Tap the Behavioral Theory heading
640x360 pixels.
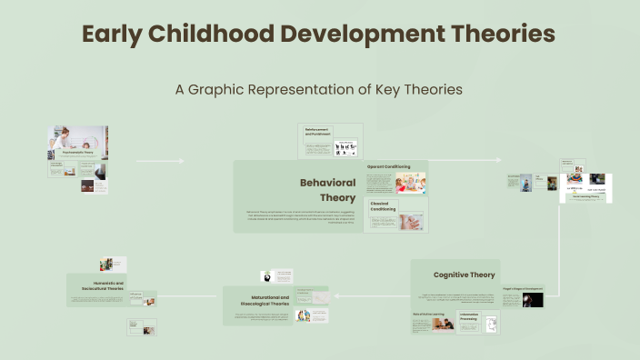click(327, 190)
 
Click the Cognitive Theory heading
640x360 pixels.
click(464, 275)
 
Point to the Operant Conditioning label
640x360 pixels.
click(388, 167)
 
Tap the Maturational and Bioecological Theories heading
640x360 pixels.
click(270, 301)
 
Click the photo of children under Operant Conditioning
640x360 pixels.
click(410, 183)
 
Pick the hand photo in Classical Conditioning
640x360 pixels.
click(411, 222)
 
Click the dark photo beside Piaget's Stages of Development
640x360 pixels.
click(533, 299)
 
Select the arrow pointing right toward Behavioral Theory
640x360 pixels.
click(160, 161)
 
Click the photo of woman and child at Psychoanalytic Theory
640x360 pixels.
click(77, 138)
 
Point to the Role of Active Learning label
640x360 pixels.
click(427, 314)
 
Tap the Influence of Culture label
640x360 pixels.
click(136, 295)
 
